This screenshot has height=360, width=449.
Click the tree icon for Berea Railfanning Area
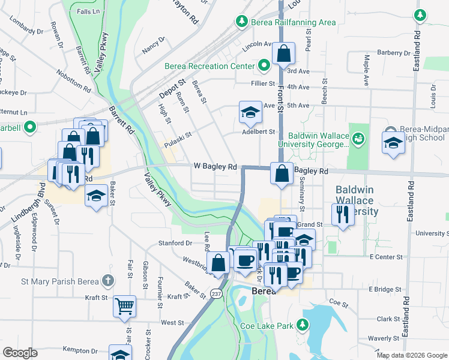pos(241,22)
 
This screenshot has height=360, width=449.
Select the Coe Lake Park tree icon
pos(304,326)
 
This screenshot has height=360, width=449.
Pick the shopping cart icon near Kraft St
pos(125,306)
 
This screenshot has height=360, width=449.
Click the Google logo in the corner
pos(20,353)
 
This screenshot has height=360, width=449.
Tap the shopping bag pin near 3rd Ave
pos(282,54)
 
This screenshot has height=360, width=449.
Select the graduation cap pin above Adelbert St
pos(250,112)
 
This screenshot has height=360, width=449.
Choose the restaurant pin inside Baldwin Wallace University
pos(343,214)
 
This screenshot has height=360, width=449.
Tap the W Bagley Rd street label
pos(215,166)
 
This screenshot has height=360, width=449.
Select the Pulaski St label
pos(178,140)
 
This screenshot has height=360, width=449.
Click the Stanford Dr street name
pos(175,243)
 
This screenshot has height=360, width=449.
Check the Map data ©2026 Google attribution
pos(411,355)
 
